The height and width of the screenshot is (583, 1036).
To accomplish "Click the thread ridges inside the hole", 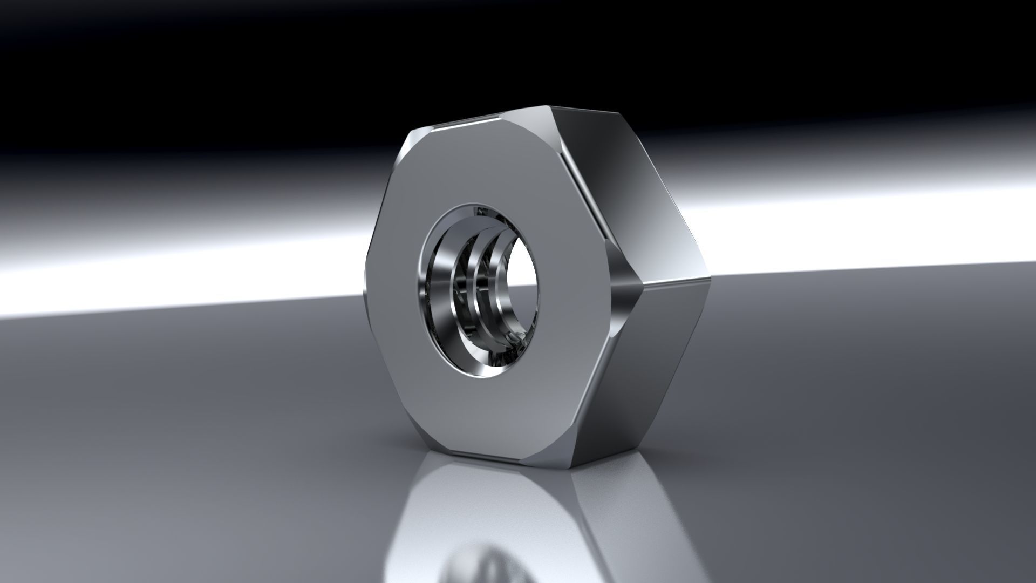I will tap(475, 281).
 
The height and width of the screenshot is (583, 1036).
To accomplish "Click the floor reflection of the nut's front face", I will tap(486, 513).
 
